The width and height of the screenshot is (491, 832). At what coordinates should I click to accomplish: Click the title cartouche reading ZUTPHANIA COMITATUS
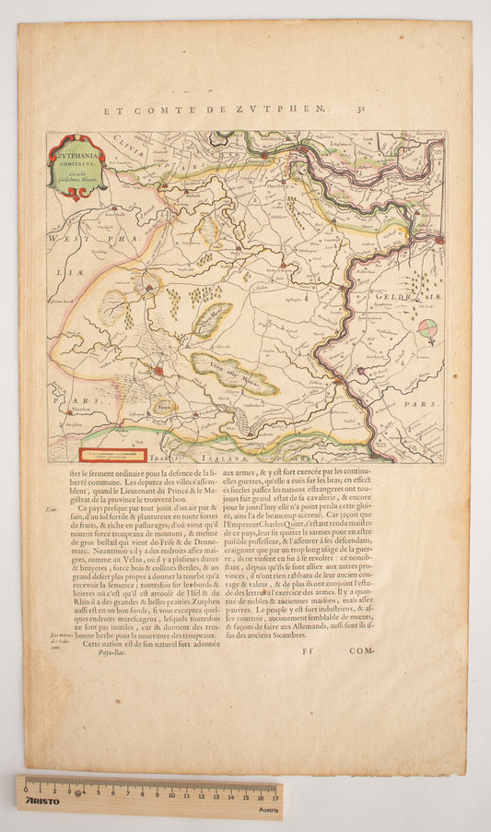click(77, 166)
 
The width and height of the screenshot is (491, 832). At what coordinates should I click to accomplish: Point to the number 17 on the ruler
click(274, 794)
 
